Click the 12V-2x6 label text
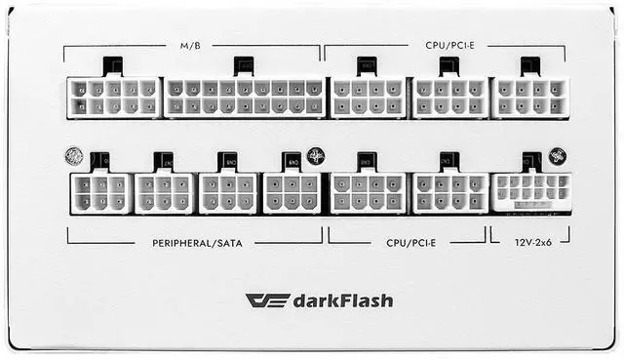pos(529,241)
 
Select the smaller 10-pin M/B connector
pos(114,98)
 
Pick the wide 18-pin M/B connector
pos(244,98)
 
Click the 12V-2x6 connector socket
pos(530,191)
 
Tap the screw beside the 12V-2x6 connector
pos(557,155)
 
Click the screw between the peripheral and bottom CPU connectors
pos(316,155)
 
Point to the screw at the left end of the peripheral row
pos(73,155)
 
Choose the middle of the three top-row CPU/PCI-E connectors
pos(449,98)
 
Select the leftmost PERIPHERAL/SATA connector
pos(100,192)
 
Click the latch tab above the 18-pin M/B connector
pos(244,65)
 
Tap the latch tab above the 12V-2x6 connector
pos(532,161)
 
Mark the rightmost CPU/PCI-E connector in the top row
pos(530,98)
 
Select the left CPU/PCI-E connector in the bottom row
pos(368,192)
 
